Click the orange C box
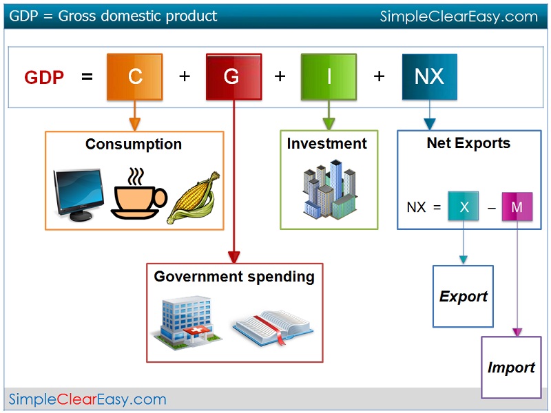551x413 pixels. pos(135,76)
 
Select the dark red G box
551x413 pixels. pos(233,76)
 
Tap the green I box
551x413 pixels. pos(329,76)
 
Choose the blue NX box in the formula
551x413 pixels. pos(429,76)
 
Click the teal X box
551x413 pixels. pos(463,206)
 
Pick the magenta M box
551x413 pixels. pos(517,206)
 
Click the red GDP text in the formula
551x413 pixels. pos(44,77)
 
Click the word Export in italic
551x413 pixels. pos(463,297)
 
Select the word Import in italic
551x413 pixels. pos(511,368)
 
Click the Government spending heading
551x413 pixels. pos(234,277)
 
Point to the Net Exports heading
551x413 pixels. pos(468,143)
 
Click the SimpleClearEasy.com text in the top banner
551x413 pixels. pos(459,17)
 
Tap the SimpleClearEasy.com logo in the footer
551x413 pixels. pos(87,399)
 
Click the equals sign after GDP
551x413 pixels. pos(87,77)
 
